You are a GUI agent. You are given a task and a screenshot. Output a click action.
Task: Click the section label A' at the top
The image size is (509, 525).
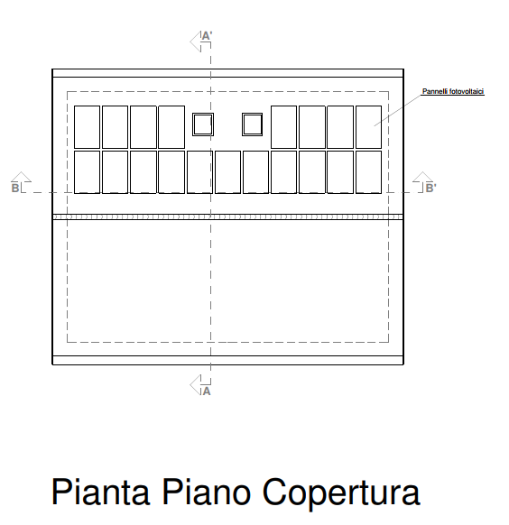point(207,36)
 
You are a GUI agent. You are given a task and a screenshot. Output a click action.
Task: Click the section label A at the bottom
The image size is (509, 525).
point(207,391)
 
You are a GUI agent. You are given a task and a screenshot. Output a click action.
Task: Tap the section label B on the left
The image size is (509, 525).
point(15,188)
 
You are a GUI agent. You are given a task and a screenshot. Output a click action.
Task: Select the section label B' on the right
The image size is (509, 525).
point(430,189)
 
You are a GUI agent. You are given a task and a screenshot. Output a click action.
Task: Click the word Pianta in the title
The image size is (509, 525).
point(100,492)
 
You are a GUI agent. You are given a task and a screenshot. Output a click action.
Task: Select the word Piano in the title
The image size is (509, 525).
point(207,492)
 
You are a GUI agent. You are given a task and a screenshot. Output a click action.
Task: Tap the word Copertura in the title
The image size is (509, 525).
point(341,493)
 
